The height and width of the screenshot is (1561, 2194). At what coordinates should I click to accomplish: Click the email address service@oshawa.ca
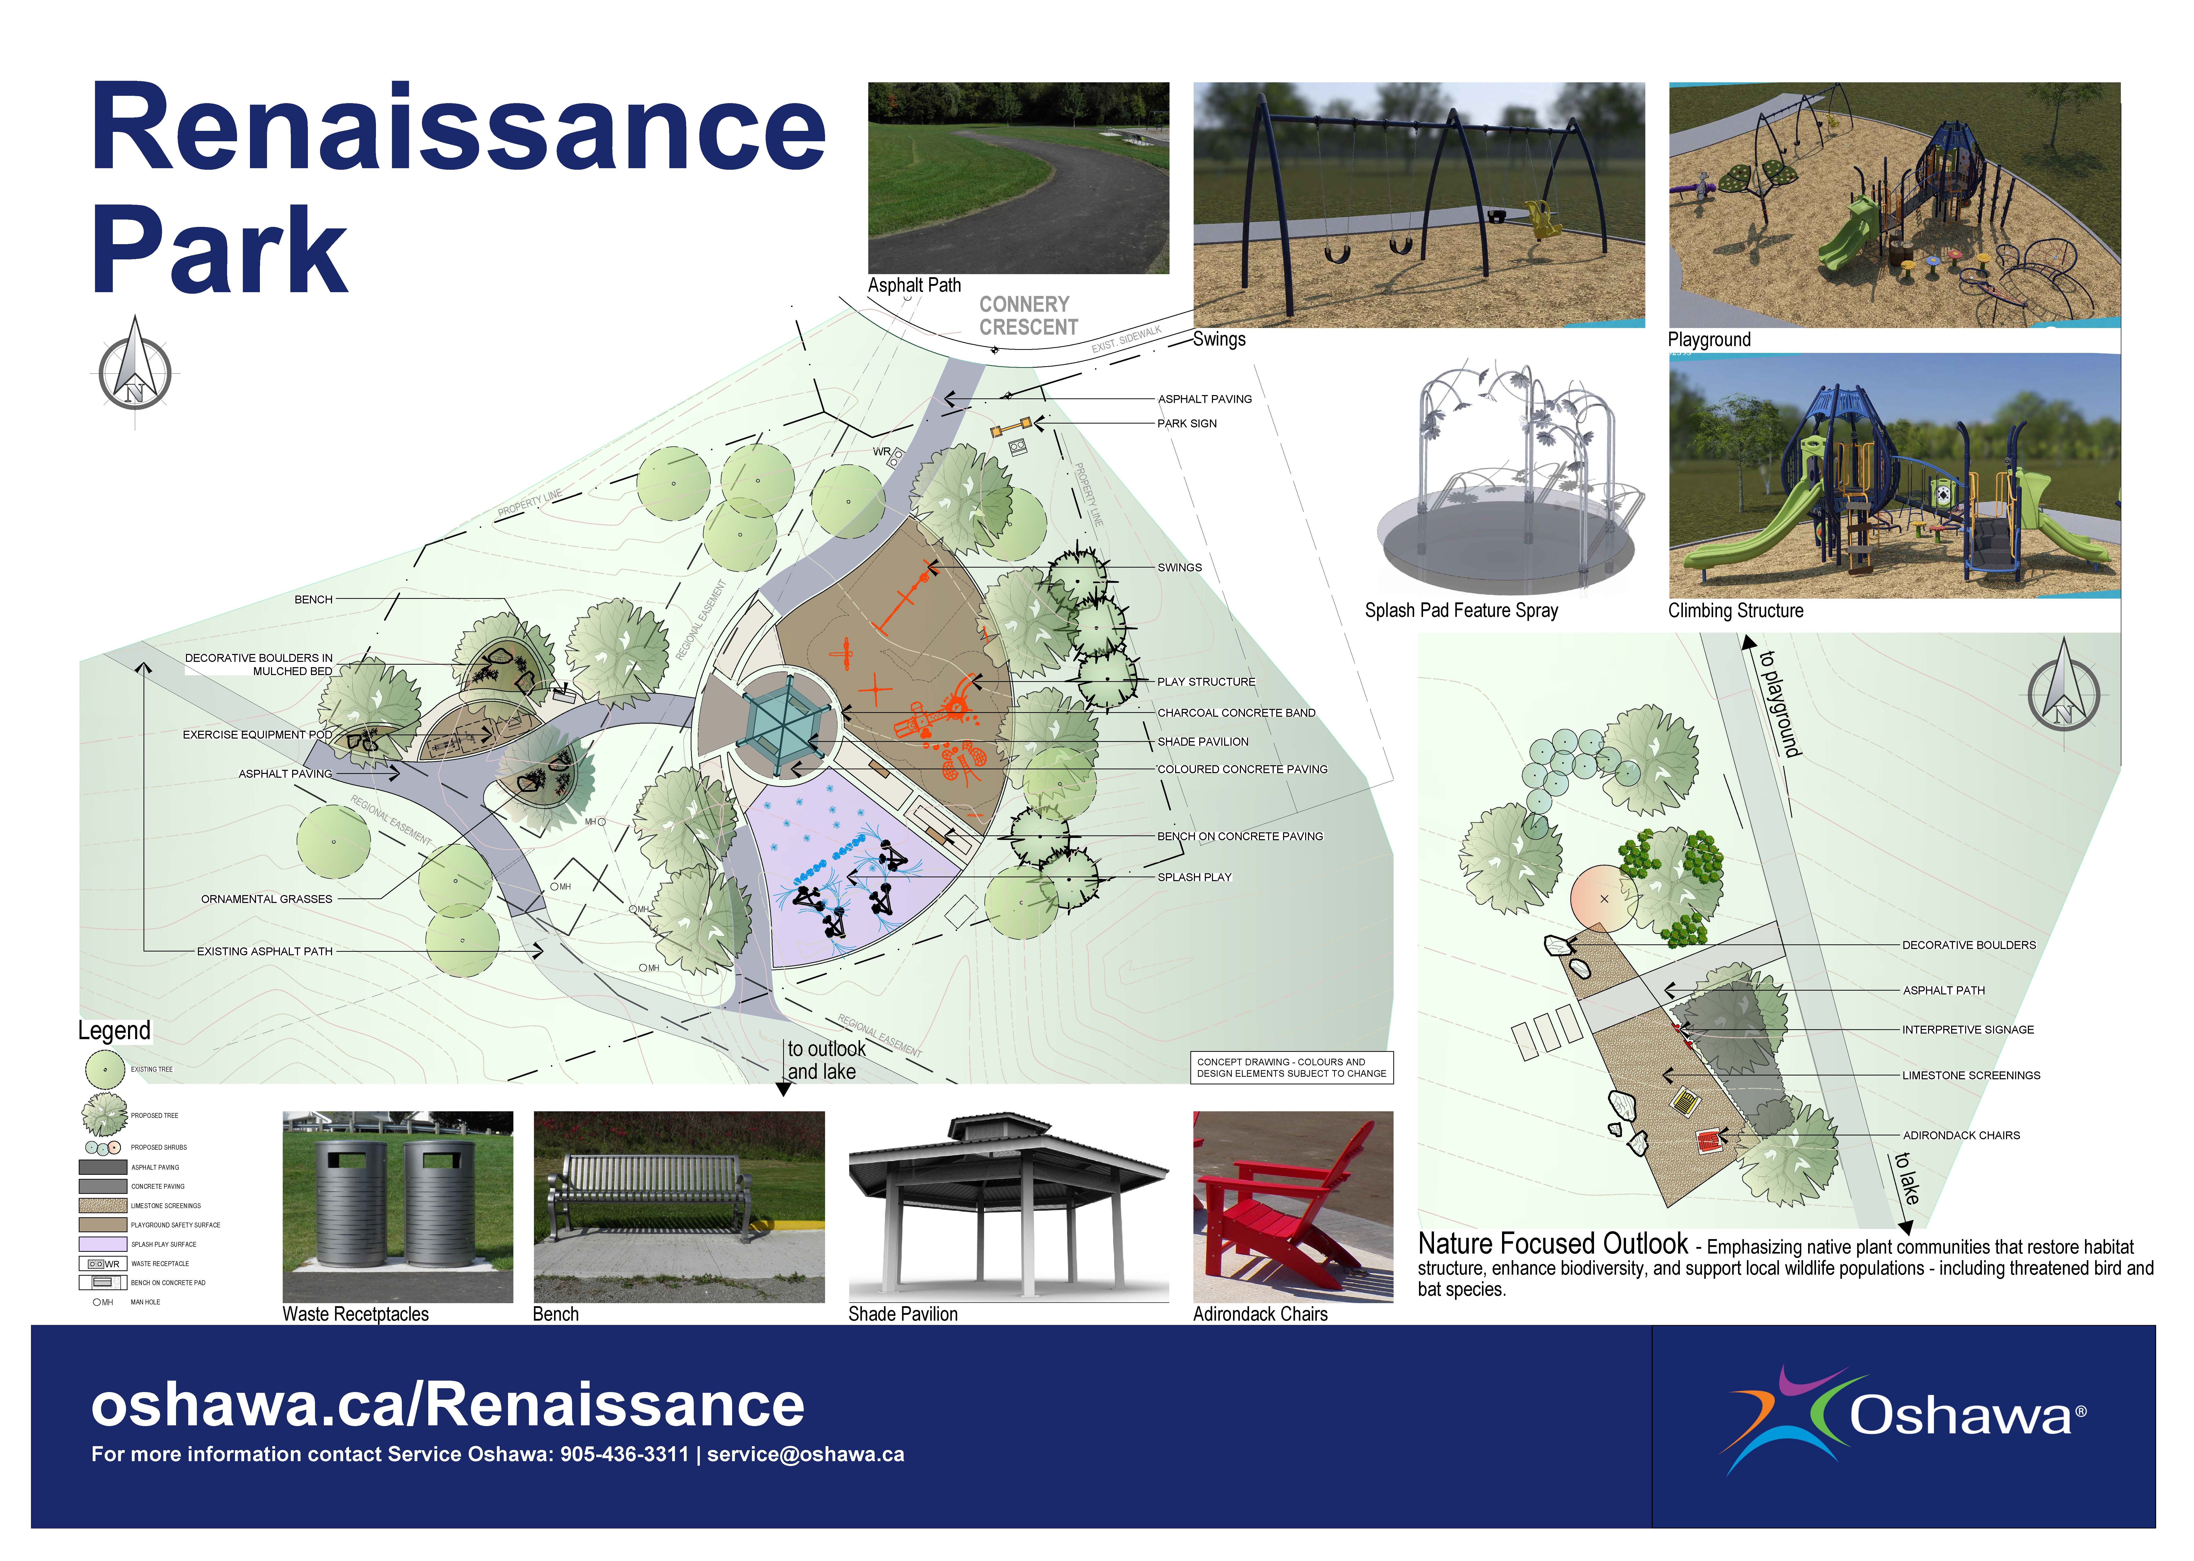[805, 1454]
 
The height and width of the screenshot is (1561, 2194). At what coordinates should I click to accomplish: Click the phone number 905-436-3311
[625, 1454]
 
